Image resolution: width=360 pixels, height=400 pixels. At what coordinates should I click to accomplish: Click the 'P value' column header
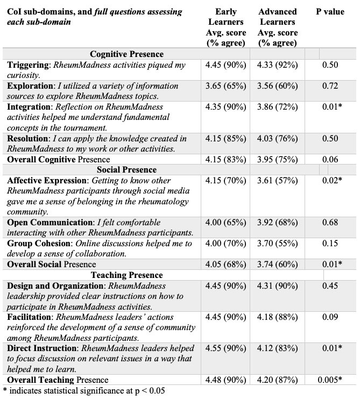coord(330,12)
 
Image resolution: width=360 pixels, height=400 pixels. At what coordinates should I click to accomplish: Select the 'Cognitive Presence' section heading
coord(127,54)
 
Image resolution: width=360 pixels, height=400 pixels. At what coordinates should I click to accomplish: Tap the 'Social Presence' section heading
coord(127,170)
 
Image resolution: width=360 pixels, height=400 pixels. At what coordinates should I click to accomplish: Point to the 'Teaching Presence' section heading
coord(127,275)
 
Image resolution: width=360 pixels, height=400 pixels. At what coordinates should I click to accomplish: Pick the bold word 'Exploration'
coord(30,86)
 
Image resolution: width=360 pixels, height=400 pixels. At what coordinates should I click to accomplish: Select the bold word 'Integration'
coord(30,107)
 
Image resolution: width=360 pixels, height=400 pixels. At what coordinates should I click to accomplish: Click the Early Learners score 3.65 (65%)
coord(225,86)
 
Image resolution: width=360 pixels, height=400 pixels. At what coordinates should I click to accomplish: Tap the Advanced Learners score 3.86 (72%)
coord(278,107)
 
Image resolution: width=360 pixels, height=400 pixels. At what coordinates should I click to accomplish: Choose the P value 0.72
coord(330,86)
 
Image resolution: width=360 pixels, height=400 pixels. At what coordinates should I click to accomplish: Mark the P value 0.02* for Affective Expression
coord(331,181)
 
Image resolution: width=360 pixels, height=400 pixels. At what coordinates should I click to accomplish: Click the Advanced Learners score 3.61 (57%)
coord(278,181)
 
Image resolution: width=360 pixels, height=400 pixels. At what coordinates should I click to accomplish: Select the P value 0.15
coord(330,244)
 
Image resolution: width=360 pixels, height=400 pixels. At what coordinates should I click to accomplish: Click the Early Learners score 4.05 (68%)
coord(225,265)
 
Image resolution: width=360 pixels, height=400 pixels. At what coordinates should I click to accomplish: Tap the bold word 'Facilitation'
coord(31,317)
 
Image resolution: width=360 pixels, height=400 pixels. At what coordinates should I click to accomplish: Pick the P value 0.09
coord(330,317)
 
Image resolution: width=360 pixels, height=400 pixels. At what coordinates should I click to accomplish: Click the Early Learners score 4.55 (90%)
coord(225,348)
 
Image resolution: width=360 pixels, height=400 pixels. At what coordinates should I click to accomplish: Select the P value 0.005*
coord(330,380)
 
